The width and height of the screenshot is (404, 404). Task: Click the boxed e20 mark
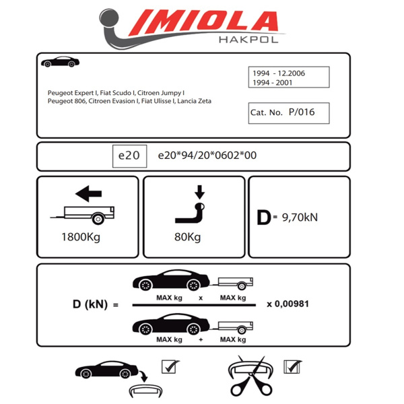pyautogui.click(x=128, y=156)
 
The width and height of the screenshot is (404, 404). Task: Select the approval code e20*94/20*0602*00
pyautogui.click(x=206, y=156)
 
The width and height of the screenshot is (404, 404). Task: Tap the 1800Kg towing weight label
pyautogui.click(x=83, y=237)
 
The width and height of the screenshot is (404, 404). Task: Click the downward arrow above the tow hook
pyautogui.click(x=199, y=192)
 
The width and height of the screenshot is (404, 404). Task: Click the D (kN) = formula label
pyautogui.click(x=95, y=304)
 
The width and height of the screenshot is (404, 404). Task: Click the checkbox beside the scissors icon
pyautogui.click(x=292, y=367)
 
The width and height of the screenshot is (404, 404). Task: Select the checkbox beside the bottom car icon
pyautogui.click(x=169, y=367)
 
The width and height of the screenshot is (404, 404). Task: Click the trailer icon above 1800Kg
pyautogui.click(x=86, y=215)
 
